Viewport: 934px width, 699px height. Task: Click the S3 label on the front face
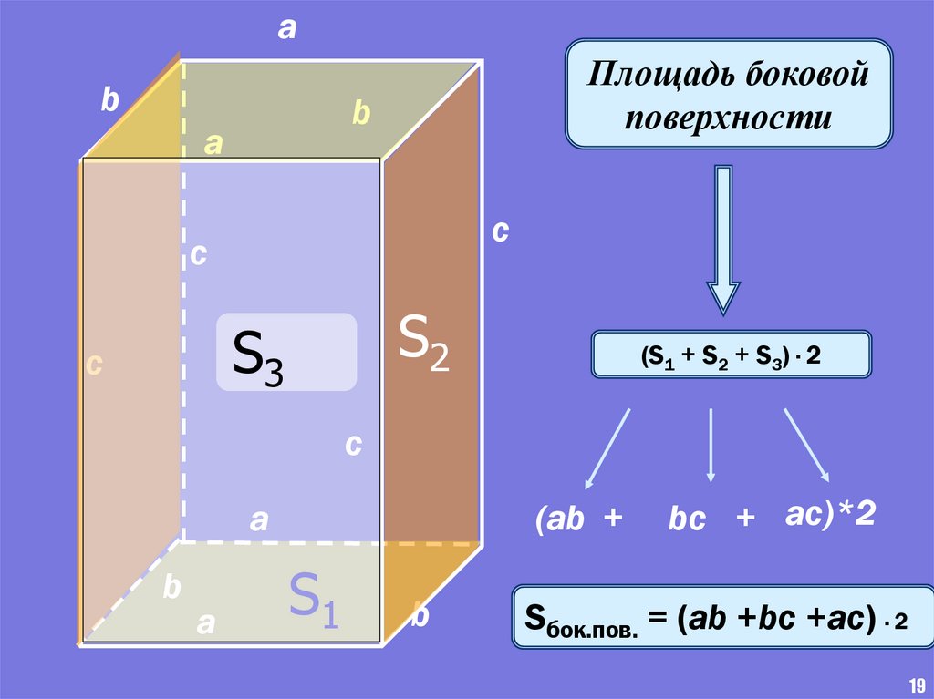click(259, 356)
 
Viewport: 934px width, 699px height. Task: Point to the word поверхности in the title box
click(728, 118)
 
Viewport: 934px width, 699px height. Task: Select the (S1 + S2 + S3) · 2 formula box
click(731, 355)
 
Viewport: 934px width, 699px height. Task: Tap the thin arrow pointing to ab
click(607, 447)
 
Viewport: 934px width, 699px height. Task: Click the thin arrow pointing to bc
click(711, 445)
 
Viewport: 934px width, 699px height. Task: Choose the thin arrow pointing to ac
click(806, 445)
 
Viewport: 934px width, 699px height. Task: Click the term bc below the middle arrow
click(686, 519)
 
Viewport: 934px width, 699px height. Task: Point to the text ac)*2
click(830, 516)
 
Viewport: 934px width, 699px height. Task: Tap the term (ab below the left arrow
click(559, 519)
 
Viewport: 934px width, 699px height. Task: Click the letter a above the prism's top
click(287, 30)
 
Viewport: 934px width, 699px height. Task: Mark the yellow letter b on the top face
click(361, 114)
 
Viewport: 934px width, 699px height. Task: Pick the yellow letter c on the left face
click(93, 365)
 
